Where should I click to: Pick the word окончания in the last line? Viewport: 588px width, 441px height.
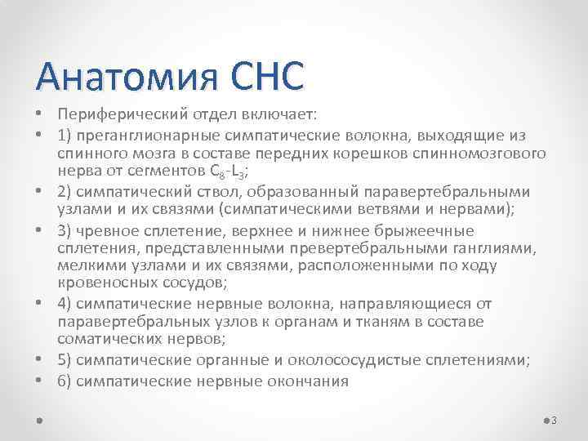tap(309, 380)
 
